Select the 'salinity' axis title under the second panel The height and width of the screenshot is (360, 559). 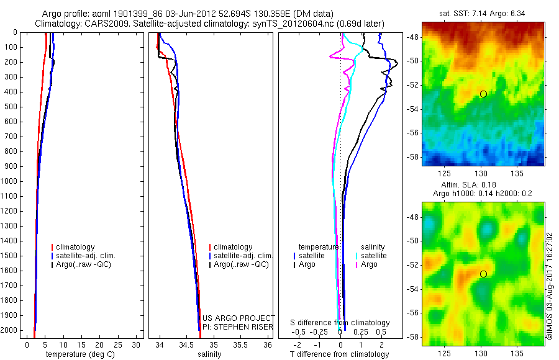209,354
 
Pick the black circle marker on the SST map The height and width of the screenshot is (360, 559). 483,94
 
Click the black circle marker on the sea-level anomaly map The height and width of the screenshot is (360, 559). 483,274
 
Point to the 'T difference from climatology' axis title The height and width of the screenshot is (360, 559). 339,354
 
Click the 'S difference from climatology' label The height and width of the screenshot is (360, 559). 340,323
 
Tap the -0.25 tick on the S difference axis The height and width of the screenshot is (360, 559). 320,332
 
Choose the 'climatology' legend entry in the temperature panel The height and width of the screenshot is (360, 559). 75,247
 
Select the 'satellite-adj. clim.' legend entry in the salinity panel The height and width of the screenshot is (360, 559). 243,256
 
